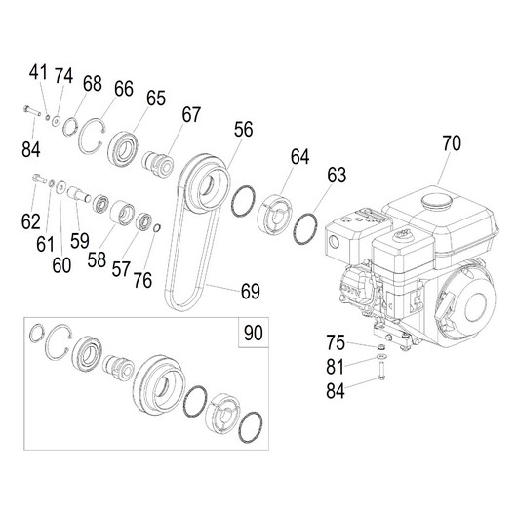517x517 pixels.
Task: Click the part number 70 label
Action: coord(452,143)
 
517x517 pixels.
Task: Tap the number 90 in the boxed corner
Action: coord(254,333)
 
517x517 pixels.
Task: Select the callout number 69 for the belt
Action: coord(251,291)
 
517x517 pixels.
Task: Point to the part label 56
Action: coord(243,129)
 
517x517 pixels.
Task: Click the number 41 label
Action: coord(38,72)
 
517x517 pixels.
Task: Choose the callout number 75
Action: coord(336,342)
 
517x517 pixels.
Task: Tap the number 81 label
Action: coord(335,366)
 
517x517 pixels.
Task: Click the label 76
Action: coord(142,280)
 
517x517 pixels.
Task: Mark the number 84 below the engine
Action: coord(336,390)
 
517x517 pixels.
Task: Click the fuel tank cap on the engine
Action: coord(437,200)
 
